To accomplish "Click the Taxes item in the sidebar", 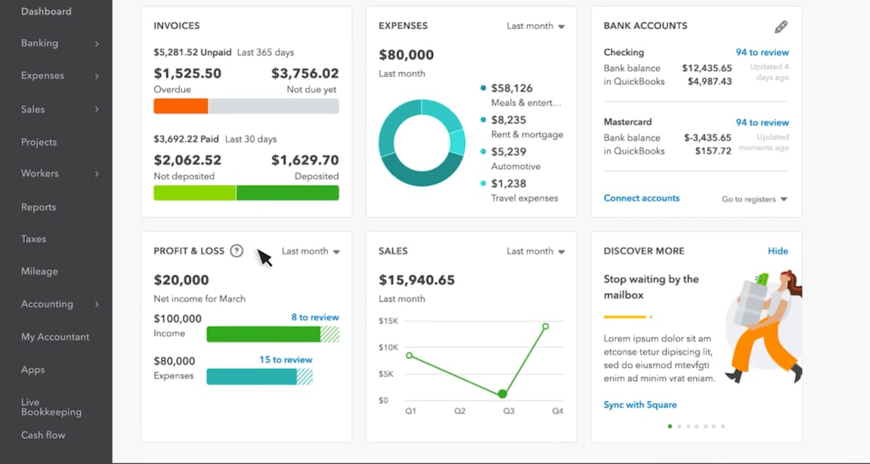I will click(33, 239).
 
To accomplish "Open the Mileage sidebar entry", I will click(39, 271).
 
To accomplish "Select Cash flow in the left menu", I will click(43, 435).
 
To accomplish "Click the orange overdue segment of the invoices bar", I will click(181, 106).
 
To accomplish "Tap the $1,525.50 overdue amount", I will click(187, 73).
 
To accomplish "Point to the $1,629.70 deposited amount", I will click(304, 160).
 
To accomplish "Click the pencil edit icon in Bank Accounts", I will click(781, 27).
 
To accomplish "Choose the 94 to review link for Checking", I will click(762, 52).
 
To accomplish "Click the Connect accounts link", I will click(642, 198).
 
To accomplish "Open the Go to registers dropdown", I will click(754, 199).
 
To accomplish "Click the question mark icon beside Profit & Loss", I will click(236, 251).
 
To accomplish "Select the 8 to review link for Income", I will click(315, 318).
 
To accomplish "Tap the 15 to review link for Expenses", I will click(286, 360).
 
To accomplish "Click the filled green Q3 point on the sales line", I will click(502, 394).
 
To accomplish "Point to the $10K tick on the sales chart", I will click(389, 347).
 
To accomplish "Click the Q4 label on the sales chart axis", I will click(557, 411).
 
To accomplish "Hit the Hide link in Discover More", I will click(778, 251).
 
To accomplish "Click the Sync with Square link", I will click(640, 405).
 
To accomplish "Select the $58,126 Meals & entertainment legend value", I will click(511, 88).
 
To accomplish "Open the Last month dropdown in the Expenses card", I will click(535, 26).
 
